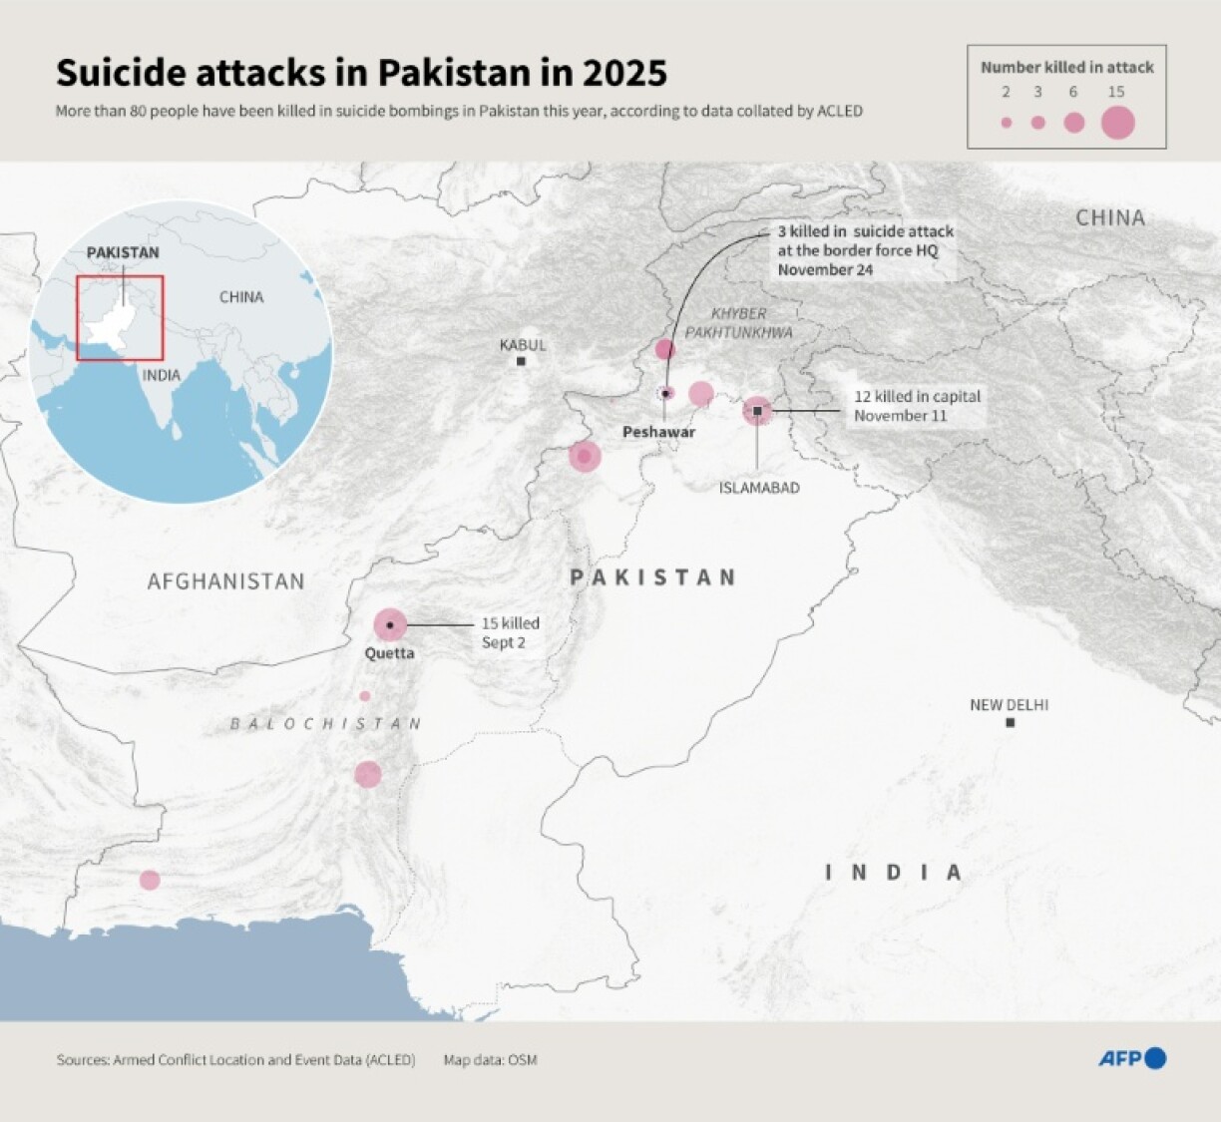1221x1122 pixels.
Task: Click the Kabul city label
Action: (523, 345)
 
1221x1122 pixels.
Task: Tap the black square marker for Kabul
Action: (521, 361)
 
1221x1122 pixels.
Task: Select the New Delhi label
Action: (1009, 705)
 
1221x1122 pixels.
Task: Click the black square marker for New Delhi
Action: (1010, 723)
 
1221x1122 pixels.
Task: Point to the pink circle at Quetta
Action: (390, 625)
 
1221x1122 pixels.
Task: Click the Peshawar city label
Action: (658, 432)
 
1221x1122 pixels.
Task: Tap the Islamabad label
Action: (759, 488)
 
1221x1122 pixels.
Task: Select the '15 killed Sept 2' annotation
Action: (510, 632)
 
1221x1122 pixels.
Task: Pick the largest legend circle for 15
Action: (1118, 123)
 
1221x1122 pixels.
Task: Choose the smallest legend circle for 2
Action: (1006, 123)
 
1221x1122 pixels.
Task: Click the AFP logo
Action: (1132, 1058)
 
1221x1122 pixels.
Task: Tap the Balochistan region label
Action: (326, 724)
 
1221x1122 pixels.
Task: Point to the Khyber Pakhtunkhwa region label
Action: (739, 322)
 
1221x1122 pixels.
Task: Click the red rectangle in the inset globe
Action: (120, 317)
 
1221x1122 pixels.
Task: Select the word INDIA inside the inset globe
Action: (161, 375)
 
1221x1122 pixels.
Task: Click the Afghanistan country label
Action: (225, 581)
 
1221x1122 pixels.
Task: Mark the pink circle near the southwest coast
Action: (150, 880)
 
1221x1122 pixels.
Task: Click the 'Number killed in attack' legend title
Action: (1066, 67)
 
